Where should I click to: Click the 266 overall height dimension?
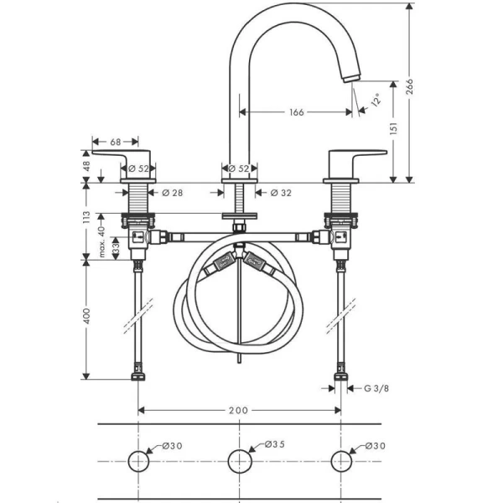(x=409, y=86)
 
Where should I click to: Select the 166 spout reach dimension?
(x=297, y=112)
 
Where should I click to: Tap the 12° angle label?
(x=376, y=99)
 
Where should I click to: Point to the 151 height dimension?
(x=394, y=128)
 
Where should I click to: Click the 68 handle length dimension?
(x=116, y=142)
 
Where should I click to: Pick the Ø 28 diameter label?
(x=173, y=193)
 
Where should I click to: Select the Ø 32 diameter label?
(x=281, y=193)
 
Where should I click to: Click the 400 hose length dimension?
(x=86, y=316)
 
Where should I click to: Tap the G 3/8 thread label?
(x=376, y=388)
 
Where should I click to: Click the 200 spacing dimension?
(x=238, y=410)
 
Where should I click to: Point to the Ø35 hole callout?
(x=275, y=444)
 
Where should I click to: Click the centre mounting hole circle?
(x=239, y=461)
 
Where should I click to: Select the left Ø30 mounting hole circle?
(x=138, y=461)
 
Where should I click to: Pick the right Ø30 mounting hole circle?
(x=341, y=461)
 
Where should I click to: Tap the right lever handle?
(x=357, y=164)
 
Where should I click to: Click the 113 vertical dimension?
(x=86, y=217)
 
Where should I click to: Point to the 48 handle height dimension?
(x=86, y=166)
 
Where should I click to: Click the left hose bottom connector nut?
(x=138, y=376)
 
